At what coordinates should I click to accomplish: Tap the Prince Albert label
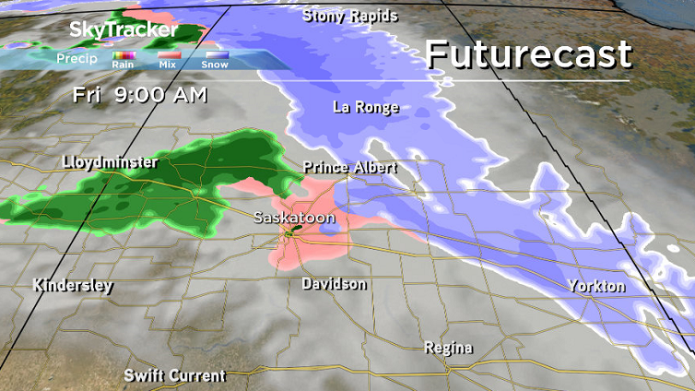[351, 168]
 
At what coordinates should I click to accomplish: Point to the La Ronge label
[366, 108]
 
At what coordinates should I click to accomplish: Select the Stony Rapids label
[350, 16]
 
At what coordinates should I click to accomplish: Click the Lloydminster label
[110, 162]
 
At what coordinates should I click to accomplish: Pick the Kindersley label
[73, 285]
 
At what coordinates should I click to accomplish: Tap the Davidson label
[335, 284]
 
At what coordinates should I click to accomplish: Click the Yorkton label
[597, 286]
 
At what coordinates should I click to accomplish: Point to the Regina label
[449, 348]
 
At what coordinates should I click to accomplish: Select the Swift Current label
[175, 375]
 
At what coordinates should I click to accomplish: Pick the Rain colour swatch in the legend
[124, 54]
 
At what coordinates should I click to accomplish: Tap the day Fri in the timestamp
[88, 94]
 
